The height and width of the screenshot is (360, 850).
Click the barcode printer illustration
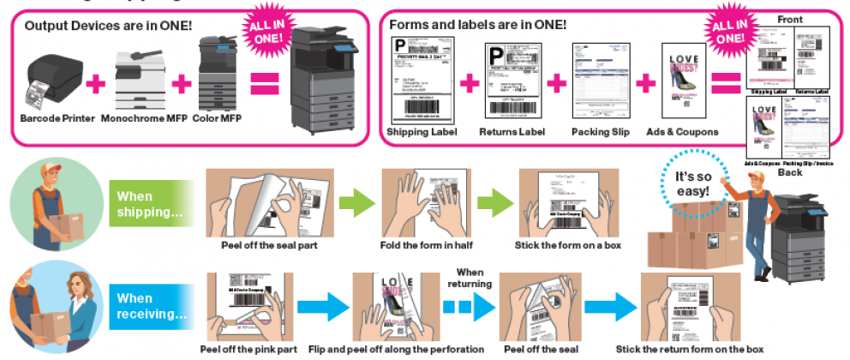click(x=58, y=81)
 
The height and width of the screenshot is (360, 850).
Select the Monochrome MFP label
click(x=137, y=118)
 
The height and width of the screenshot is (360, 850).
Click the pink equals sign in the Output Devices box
click(x=265, y=83)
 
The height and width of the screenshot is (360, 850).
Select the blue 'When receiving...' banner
click(x=149, y=306)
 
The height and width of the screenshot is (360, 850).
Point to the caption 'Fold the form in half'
click(x=424, y=246)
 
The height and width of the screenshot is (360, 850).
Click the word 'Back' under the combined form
click(x=789, y=172)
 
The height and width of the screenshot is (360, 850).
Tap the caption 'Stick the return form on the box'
click(x=690, y=349)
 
